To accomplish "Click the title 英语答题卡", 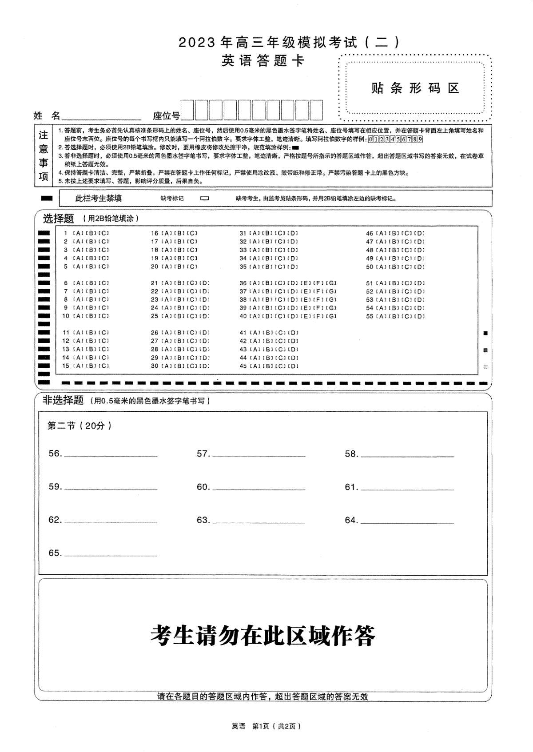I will [x=263, y=60].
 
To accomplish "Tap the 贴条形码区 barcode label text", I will [x=415, y=88].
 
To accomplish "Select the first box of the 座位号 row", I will [x=187, y=110].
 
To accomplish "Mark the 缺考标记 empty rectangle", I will [x=205, y=199].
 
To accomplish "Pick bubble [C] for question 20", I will [x=192, y=267].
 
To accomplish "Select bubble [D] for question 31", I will [x=293, y=233].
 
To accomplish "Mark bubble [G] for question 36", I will [x=331, y=283].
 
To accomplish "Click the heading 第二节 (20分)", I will [x=80, y=426].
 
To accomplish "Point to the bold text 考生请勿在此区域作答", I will [x=263, y=636].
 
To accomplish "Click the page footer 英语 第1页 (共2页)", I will [x=266, y=726].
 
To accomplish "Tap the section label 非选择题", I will [x=63, y=400].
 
